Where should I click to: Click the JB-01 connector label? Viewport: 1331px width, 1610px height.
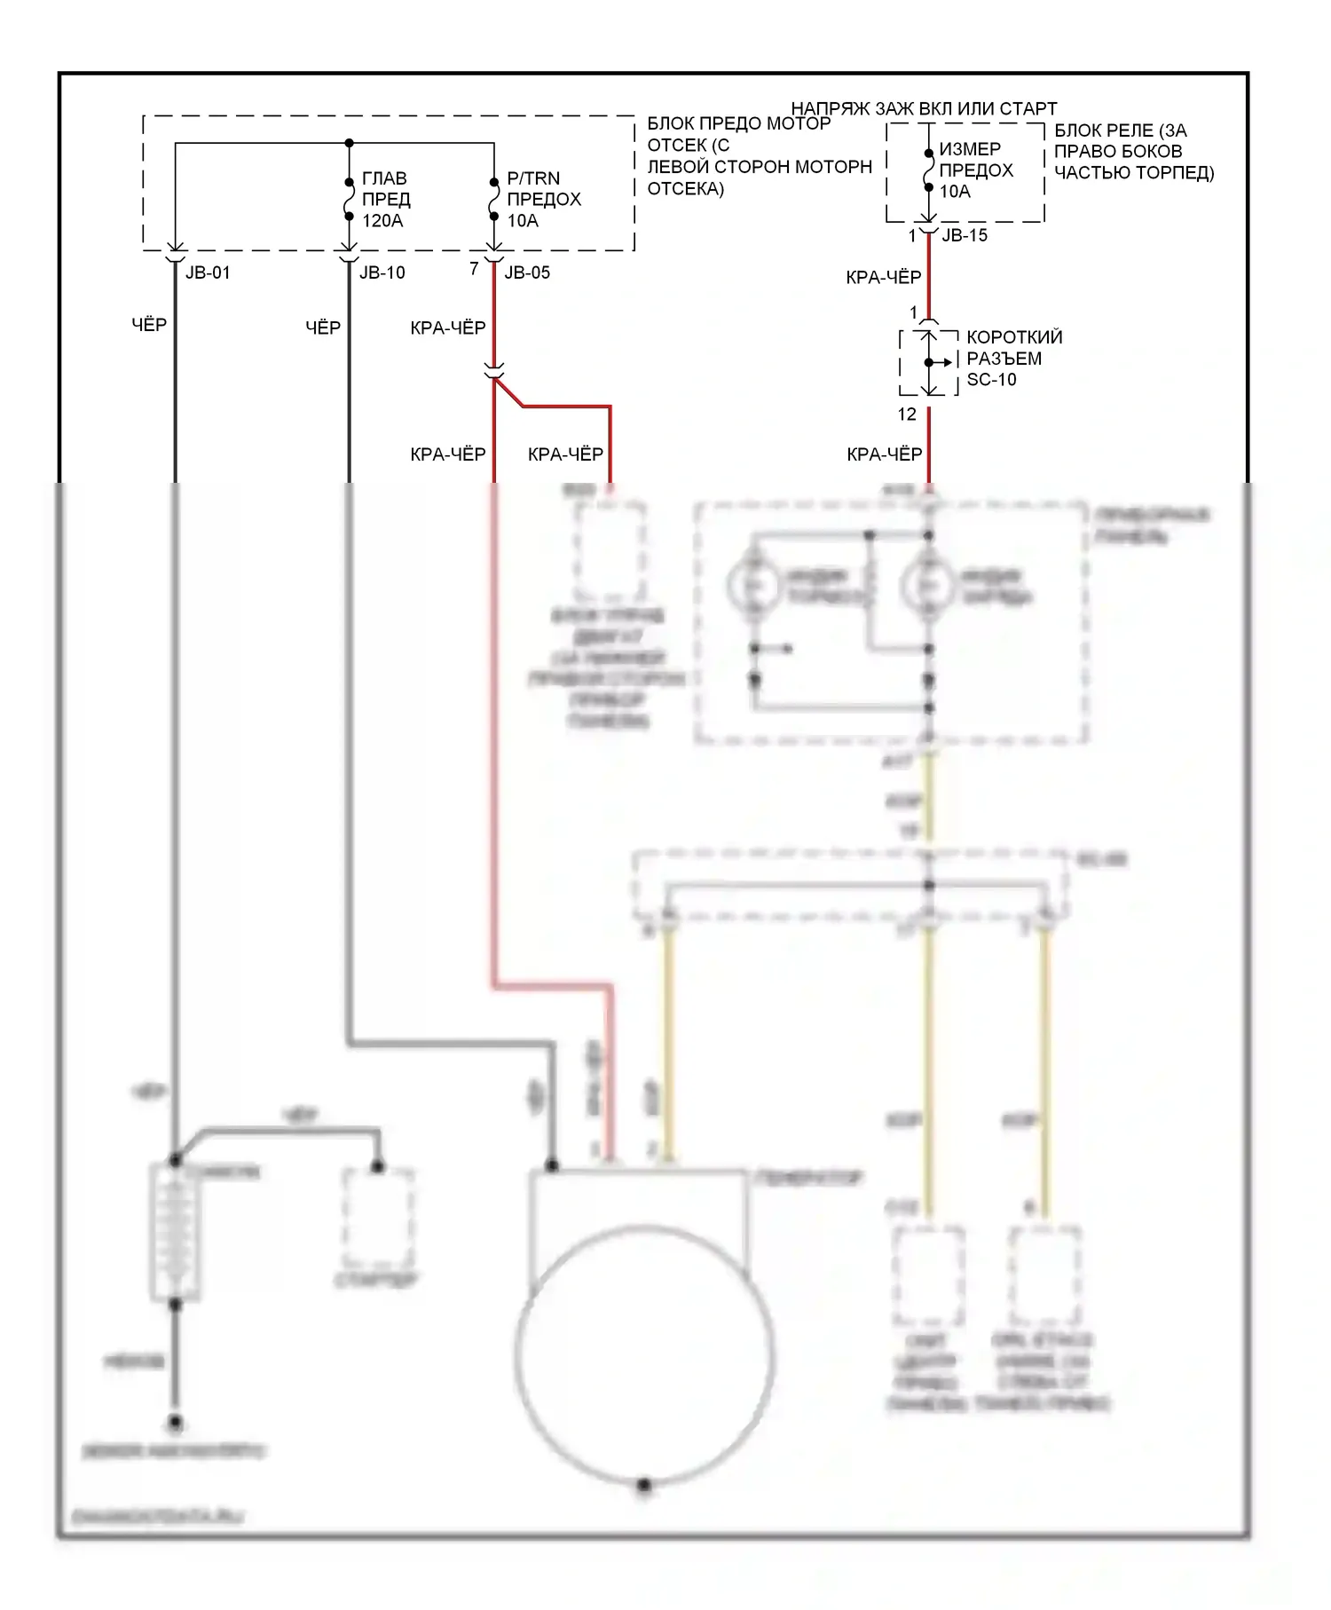click(x=208, y=272)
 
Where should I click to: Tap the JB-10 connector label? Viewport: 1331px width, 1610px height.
click(x=382, y=272)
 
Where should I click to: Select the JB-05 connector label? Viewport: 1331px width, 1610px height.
click(x=527, y=272)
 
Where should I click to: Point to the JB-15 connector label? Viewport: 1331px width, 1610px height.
click(x=964, y=235)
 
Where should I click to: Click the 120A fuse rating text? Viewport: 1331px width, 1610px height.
click(x=382, y=220)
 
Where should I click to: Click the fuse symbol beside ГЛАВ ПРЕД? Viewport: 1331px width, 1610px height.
click(x=349, y=201)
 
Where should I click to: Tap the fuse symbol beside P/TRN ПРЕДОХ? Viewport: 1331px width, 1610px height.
click(x=494, y=201)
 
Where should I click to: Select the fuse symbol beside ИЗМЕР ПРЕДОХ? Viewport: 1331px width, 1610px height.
click(x=928, y=170)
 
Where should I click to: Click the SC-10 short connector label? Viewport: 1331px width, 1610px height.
click(x=991, y=379)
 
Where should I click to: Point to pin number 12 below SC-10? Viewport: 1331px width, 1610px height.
click(x=906, y=414)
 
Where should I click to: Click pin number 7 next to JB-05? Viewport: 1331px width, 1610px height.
click(x=474, y=268)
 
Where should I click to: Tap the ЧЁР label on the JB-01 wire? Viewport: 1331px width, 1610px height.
click(x=149, y=325)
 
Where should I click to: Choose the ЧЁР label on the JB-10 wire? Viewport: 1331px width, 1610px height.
click(x=323, y=328)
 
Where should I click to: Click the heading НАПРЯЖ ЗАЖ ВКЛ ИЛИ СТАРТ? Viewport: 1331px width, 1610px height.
click(x=924, y=108)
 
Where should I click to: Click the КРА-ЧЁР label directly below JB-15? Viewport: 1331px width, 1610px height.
click(x=884, y=278)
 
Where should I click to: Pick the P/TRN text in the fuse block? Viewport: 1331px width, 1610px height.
click(x=533, y=178)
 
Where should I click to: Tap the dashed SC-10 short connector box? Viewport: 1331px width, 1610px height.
click(x=928, y=362)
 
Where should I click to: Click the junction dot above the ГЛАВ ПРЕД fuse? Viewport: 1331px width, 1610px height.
click(x=349, y=143)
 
